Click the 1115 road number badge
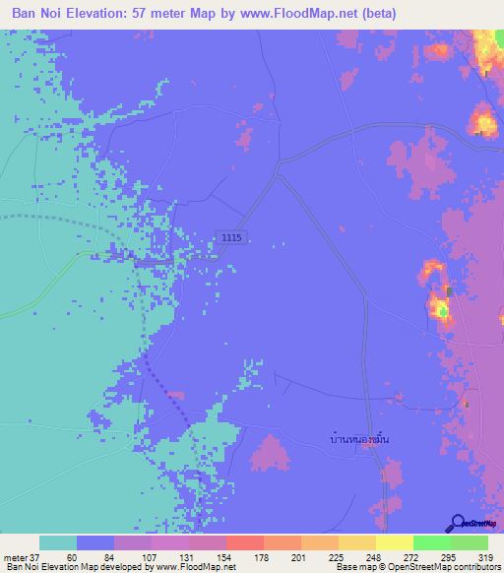pyautogui.click(x=231, y=237)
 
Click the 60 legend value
pyautogui.click(x=72, y=557)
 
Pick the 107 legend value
pyautogui.click(x=147, y=557)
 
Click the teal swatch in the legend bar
pyautogui.click(x=58, y=542)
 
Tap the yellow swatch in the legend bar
pyautogui.click(x=394, y=542)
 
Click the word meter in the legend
pyautogui.click(x=16, y=557)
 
